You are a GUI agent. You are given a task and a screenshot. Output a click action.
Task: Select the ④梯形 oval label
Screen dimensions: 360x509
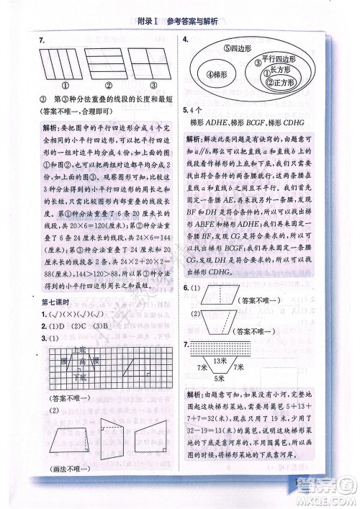(x=217, y=75)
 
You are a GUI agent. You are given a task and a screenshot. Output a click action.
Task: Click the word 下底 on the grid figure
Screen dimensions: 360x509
(x=81, y=378)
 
